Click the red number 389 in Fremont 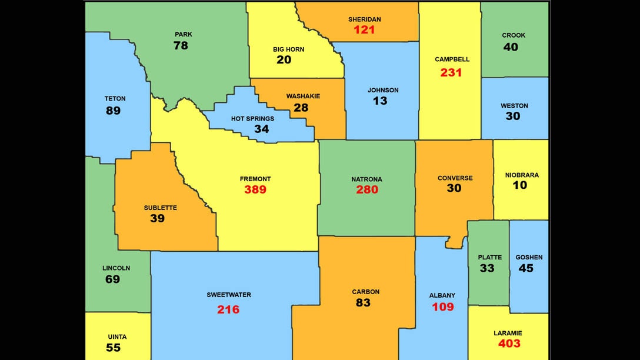click(x=255, y=189)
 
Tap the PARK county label click(x=184, y=34)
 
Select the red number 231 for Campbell click(x=451, y=72)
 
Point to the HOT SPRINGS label click(x=252, y=118)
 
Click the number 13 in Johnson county click(x=380, y=101)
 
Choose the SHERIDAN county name click(x=364, y=19)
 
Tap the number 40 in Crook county click(x=511, y=46)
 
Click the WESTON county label click(x=514, y=106)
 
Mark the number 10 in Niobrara click(x=520, y=185)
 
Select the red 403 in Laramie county click(x=509, y=344)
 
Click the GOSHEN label click(x=529, y=257)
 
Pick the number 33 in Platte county click(x=487, y=268)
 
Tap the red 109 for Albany click(x=443, y=306)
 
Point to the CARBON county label click(x=366, y=292)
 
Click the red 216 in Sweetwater click(x=228, y=309)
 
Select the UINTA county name click(x=117, y=337)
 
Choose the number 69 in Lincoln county click(x=112, y=279)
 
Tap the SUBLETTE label click(x=160, y=208)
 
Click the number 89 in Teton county click(x=113, y=110)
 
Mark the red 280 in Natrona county click(x=367, y=189)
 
